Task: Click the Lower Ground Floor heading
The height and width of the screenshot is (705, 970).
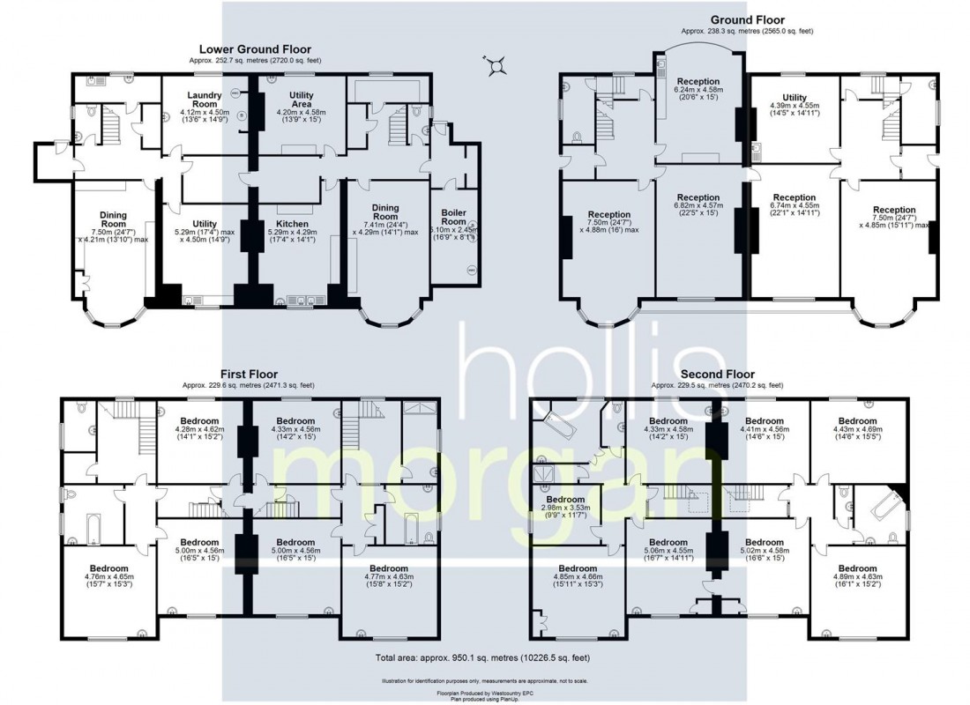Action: [255, 49]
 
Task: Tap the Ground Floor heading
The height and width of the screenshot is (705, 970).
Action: [747, 20]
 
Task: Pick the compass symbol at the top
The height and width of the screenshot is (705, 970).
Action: [498, 63]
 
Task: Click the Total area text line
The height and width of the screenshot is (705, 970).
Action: [484, 657]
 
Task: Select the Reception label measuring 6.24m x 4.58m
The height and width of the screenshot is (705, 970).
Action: [698, 82]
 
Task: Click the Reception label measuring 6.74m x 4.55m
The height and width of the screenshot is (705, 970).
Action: [795, 198]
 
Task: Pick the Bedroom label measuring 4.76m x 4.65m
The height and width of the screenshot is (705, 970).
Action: [110, 568]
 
